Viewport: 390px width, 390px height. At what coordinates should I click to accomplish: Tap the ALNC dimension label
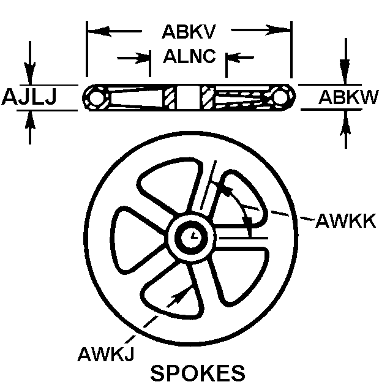[189, 57]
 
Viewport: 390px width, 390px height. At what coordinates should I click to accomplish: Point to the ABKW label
[348, 97]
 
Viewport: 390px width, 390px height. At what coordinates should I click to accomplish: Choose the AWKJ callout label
[107, 354]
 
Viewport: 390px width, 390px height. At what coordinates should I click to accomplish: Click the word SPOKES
[198, 373]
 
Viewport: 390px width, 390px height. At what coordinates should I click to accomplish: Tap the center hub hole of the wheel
[193, 235]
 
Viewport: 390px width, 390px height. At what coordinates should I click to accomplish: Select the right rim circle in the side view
[282, 97]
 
